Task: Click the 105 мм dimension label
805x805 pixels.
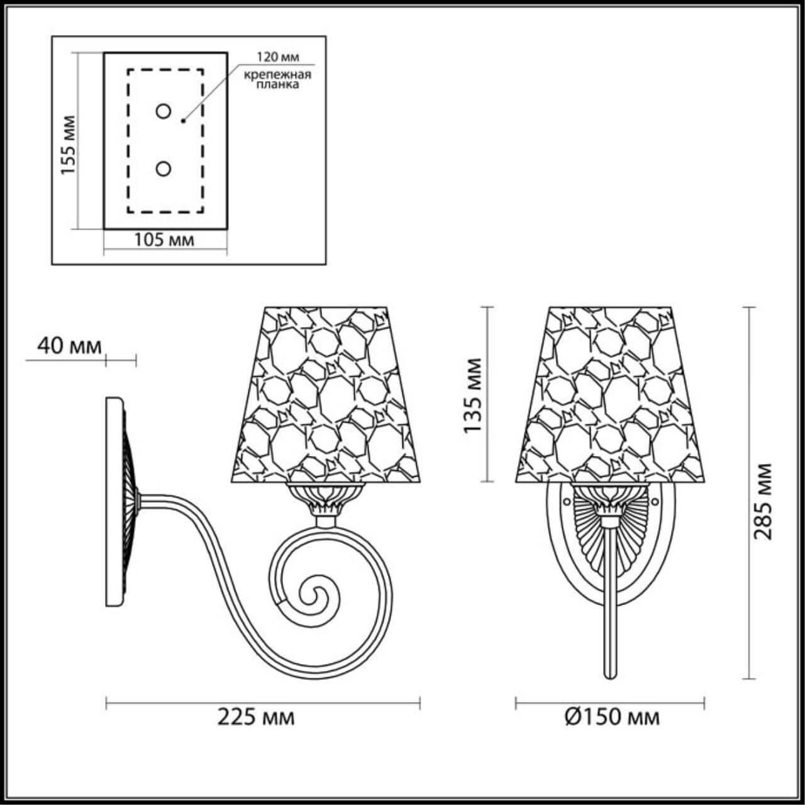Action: coord(164,240)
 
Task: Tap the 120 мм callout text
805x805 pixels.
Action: coord(277,57)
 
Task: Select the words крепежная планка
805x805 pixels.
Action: coord(278,80)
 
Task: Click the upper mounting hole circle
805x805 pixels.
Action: coord(164,112)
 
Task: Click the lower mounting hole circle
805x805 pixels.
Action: coord(164,169)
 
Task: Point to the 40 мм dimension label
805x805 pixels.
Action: coord(61,345)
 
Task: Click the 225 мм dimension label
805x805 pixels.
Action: coord(256,716)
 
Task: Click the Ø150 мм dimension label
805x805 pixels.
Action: coord(612,716)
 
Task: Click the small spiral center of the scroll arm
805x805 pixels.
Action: coord(313,592)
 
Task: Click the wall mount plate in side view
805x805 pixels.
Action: coord(114,501)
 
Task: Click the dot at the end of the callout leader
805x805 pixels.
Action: coord(183,120)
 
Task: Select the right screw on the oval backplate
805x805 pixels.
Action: coord(655,501)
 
